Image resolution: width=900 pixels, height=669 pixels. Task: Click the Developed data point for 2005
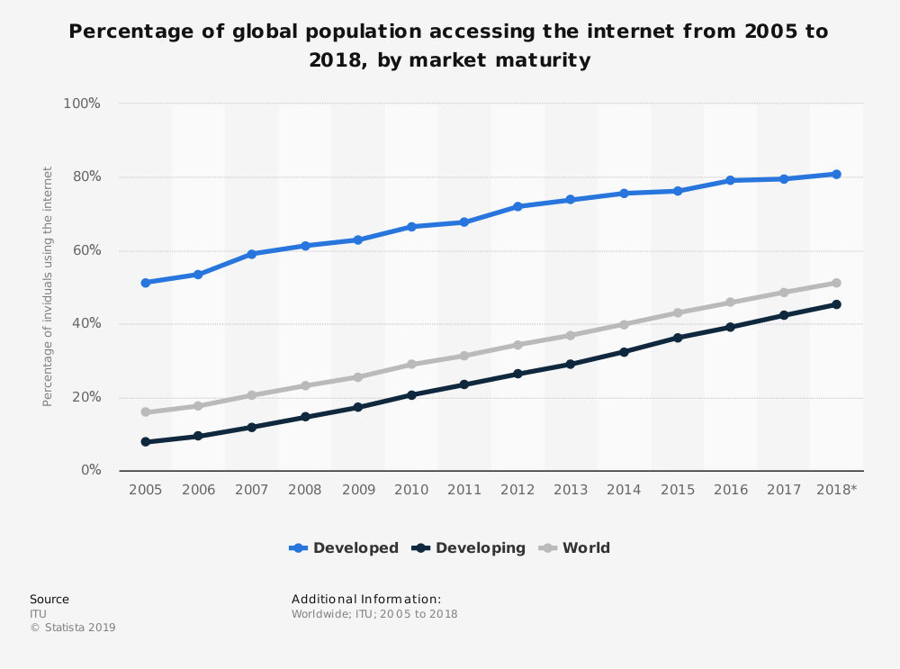coord(145,283)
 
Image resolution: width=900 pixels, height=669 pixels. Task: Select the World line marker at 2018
coord(836,283)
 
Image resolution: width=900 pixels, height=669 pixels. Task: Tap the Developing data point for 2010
coord(411,394)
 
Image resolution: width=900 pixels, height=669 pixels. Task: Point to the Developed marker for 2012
coord(517,206)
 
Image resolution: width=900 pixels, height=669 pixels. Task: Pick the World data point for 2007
coord(252,395)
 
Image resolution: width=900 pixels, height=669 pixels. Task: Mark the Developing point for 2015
coord(678,338)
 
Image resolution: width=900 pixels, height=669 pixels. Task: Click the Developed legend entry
coord(345,547)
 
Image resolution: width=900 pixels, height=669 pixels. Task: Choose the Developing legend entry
coord(469,547)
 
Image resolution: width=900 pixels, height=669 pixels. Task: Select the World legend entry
coord(575,547)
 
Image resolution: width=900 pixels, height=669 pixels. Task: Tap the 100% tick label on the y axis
coord(81,104)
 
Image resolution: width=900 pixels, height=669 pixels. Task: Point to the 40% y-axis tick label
coord(85,323)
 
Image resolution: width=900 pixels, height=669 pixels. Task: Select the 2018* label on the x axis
coord(836,489)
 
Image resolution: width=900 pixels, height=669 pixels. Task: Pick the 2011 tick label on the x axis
coord(464,489)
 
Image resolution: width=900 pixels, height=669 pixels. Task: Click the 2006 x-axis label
coord(199,489)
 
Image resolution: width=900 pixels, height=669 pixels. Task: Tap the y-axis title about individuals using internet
coord(48,286)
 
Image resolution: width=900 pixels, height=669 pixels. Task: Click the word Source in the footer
coord(49,599)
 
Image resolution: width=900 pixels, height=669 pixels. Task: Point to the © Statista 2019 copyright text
coord(73,628)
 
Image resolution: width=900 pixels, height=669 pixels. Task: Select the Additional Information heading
coord(366,599)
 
